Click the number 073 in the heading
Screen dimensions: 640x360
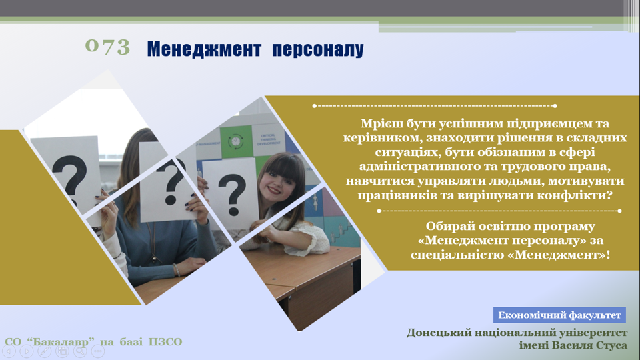pyautogui.click(x=107, y=47)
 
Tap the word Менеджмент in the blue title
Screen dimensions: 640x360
pyautogui.click(x=204, y=49)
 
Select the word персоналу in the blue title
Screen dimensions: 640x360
pyautogui.click(x=317, y=50)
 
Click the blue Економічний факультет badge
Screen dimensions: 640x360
pyautogui.click(x=559, y=315)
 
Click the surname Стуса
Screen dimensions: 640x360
pyautogui.click(x=608, y=345)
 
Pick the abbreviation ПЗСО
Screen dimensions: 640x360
pyautogui.click(x=165, y=341)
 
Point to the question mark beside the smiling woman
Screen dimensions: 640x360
pyautogui.click(x=232, y=194)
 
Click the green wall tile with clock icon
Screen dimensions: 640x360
pyautogui.click(x=236, y=141)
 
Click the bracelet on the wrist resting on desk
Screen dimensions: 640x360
pyautogui.click(x=176, y=269)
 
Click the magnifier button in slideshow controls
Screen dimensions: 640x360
pyautogui.click(x=80, y=351)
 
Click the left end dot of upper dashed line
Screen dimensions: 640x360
pyautogui.click(x=314, y=106)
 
